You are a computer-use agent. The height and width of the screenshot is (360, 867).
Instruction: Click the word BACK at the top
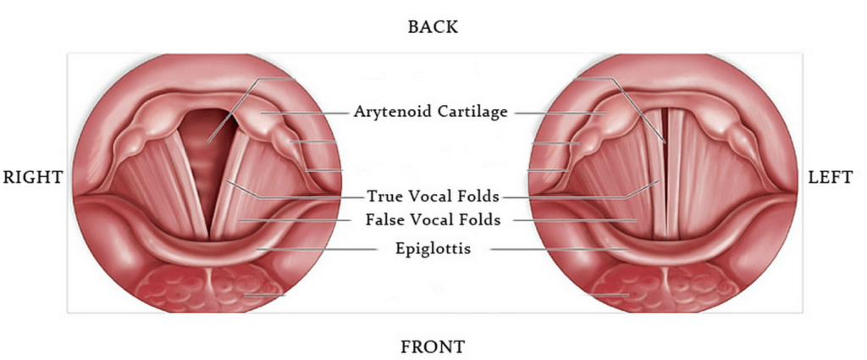(433, 26)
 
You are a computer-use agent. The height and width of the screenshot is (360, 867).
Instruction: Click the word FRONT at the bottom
(433, 346)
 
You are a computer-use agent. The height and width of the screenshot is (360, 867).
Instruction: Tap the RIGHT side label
(33, 177)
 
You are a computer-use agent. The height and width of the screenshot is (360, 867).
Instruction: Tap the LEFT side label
(831, 177)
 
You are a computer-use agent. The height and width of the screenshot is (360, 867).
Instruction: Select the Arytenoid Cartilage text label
(431, 112)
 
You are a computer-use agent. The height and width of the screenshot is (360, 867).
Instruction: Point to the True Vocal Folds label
(433, 196)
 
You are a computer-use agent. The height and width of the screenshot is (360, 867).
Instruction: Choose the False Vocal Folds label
(433, 220)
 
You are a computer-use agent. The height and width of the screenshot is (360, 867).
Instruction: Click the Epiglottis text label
(433, 249)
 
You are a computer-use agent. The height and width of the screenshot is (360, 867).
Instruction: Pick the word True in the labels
(382, 196)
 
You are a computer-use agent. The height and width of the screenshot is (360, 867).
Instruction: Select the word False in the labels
(384, 220)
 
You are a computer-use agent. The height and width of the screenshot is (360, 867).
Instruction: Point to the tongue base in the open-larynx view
(210, 287)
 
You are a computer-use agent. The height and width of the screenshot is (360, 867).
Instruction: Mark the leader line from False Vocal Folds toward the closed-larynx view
(576, 220)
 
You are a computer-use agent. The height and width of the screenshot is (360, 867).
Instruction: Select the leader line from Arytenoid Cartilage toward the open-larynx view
(306, 113)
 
